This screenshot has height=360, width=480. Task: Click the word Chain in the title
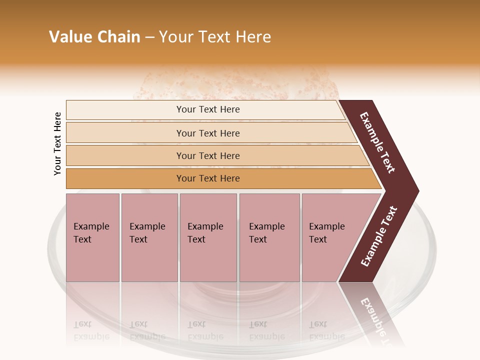tap(118, 37)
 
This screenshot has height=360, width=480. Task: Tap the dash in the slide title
tap(149, 37)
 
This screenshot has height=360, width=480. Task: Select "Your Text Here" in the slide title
tap(215, 37)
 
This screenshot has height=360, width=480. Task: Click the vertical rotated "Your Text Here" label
tap(57, 144)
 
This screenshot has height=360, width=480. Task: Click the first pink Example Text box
tap(92, 237)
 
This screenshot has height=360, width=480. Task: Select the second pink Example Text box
tap(149, 237)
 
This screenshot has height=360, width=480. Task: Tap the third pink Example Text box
tap(208, 237)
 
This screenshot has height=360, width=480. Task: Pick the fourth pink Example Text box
tap(269, 237)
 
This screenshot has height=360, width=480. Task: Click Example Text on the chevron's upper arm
tap(378, 143)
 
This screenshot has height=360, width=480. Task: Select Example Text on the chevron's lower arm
tap(379, 236)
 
